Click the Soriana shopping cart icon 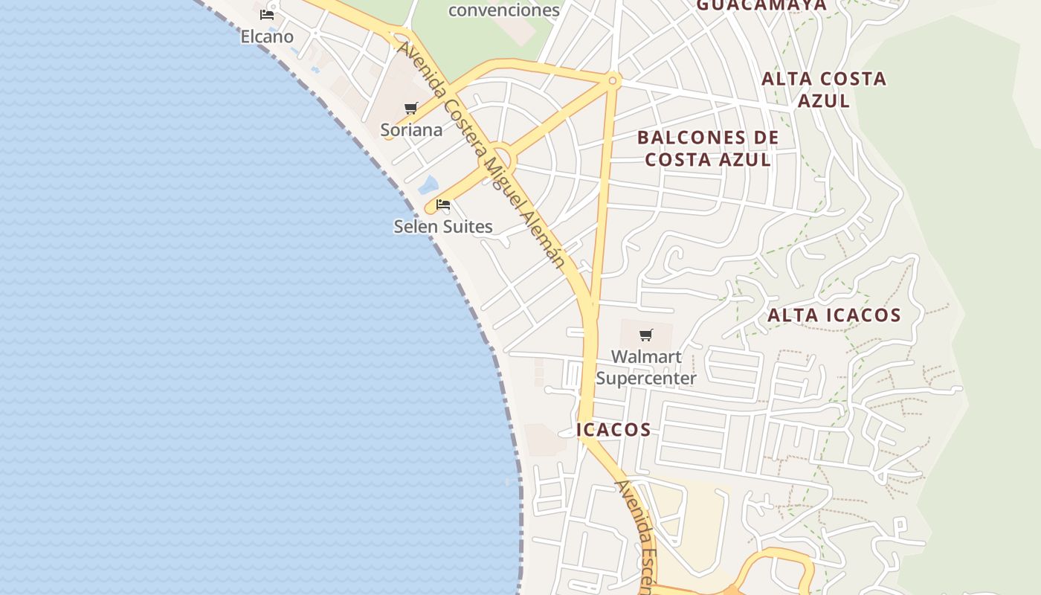[411, 109]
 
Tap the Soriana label [411, 130]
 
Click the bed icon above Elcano [267, 15]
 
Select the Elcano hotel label [267, 36]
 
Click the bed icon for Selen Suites [443, 205]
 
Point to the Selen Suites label [443, 226]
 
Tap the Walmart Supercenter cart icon [646, 335]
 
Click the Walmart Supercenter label [646, 367]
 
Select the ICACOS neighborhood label [613, 430]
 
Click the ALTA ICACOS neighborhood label [834, 315]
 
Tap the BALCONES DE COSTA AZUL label [708, 149]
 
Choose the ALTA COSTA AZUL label [824, 89]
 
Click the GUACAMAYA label [761, 6]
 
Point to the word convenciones [504, 10]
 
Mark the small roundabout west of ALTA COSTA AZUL [613, 80]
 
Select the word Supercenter [646, 378]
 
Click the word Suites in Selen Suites [468, 226]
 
